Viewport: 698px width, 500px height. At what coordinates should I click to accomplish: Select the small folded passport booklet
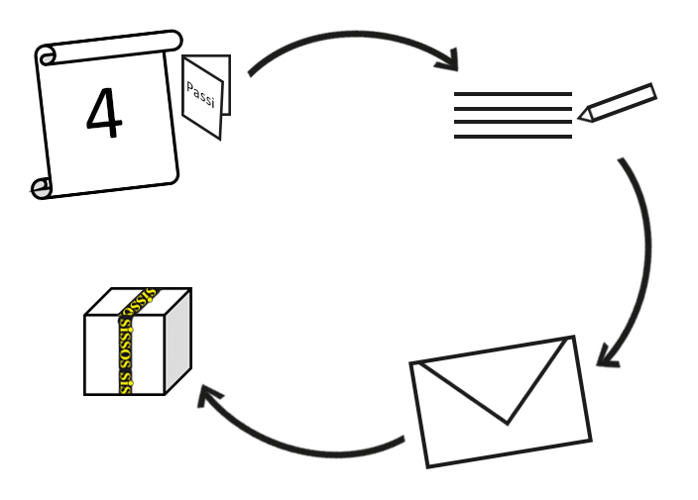[206, 96]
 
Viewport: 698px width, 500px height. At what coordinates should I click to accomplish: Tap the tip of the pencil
[583, 117]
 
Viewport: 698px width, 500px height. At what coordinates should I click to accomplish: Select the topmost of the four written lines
[513, 94]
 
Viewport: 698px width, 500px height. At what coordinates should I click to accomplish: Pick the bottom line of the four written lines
[513, 136]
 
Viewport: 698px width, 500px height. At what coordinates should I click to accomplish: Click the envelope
[501, 401]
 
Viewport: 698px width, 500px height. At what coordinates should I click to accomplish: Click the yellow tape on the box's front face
[126, 356]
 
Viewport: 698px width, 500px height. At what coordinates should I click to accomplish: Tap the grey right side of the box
[176, 341]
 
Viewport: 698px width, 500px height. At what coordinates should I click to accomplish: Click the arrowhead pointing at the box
[208, 396]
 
